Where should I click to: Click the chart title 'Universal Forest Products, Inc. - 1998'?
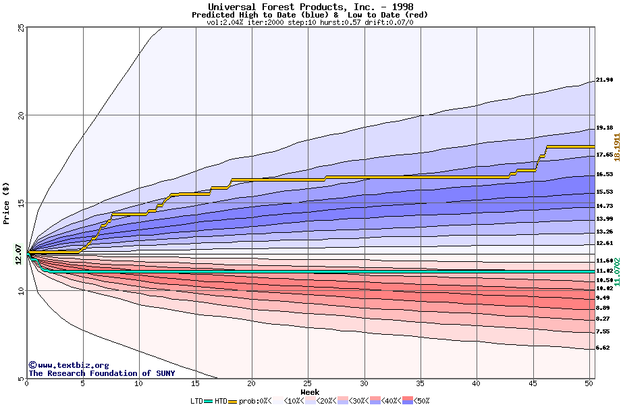[x=310, y=7]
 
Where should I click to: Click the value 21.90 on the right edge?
[x=604, y=80]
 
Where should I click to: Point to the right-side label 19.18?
[x=604, y=128]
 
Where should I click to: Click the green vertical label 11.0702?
[x=616, y=271]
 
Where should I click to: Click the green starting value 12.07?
[x=19, y=254]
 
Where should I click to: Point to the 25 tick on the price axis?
[x=20, y=28]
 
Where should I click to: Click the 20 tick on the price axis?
[x=20, y=115]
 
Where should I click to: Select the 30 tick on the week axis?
[x=364, y=383]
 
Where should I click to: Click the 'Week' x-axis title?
[x=310, y=391]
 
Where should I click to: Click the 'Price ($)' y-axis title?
[x=7, y=202]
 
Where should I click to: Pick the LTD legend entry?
[x=197, y=401]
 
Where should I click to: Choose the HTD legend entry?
[x=221, y=401]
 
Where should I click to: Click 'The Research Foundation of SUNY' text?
[x=101, y=373]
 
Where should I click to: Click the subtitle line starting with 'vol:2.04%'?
[x=310, y=22]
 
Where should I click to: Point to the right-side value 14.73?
[x=604, y=206]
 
